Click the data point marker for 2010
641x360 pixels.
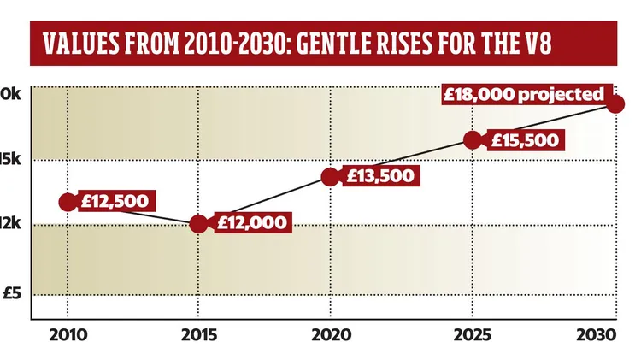pyautogui.click(x=67, y=202)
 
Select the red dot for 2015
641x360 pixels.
pyautogui.click(x=198, y=223)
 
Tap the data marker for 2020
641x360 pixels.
pyautogui.click(x=331, y=177)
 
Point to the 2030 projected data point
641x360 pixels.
pyautogui.click(x=615, y=103)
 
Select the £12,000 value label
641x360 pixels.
pyautogui.click(x=247, y=223)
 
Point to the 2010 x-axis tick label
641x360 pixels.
pyautogui.click(x=66, y=334)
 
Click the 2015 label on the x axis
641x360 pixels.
pyautogui.click(x=198, y=334)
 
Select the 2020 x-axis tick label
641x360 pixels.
pyautogui.click(x=330, y=334)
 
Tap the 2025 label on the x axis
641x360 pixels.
pyautogui.click(x=471, y=334)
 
